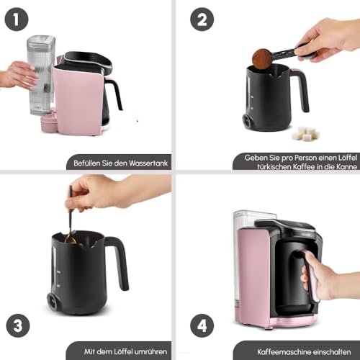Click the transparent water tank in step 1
[x=40, y=76]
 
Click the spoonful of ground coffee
[x=261, y=58]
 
